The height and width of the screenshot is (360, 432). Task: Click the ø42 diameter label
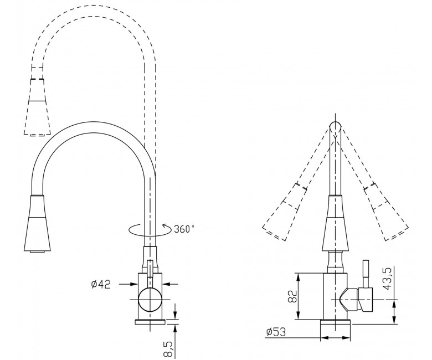pos(101,284)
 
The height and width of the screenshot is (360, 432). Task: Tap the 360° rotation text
pos(184,229)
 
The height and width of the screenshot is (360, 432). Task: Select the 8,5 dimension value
pos(169,349)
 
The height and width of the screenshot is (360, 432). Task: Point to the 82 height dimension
pos(293,296)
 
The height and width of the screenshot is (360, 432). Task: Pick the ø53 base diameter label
pos(276,332)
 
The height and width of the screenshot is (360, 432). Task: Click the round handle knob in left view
pos(150,300)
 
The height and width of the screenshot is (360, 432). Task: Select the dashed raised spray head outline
pos(38,107)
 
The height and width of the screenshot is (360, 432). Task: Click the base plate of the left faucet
pos(150,322)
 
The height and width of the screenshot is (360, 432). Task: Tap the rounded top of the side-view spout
pos(336,126)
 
